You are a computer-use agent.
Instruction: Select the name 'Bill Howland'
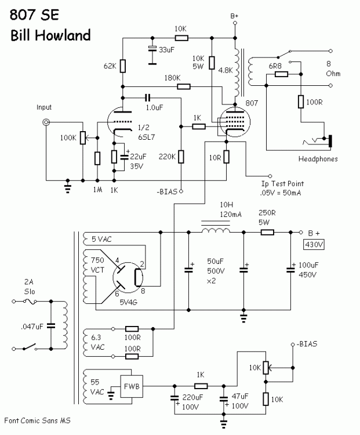(x=50, y=35)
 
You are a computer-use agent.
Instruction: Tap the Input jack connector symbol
(x=44, y=122)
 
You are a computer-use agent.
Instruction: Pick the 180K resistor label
(x=172, y=78)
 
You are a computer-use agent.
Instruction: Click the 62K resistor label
(x=111, y=67)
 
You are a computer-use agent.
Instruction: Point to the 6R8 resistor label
(x=275, y=67)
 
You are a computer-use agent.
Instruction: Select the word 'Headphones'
(x=318, y=158)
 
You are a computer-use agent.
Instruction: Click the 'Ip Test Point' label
(x=282, y=183)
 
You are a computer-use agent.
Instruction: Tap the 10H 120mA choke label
(x=215, y=209)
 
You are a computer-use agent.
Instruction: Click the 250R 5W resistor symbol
(x=267, y=231)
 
